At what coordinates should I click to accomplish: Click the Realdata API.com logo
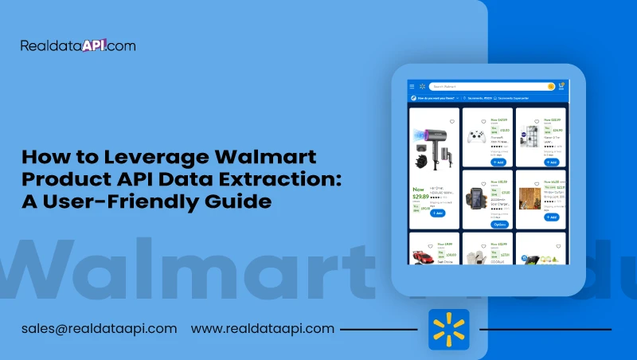pyautogui.click(x=78, y=45)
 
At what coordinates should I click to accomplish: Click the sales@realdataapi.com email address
pyautogui.click(x=100, y=328)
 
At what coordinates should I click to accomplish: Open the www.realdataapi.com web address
pyautogui.click(x=263, y=328)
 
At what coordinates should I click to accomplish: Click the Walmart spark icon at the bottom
pyautogui.click(x=449, y=329)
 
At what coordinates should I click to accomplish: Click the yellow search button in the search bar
pyautogui.click(x=550, y=86)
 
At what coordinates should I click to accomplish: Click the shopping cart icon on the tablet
pyautogui.click(x=561, y=86)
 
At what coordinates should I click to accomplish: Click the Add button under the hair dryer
pyautogui.click(x=437, y=213)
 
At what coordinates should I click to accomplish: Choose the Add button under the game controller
pyautogui.click(x=498, y=162)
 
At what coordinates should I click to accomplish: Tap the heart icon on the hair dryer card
pyautogui.click(x=452, y=122)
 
